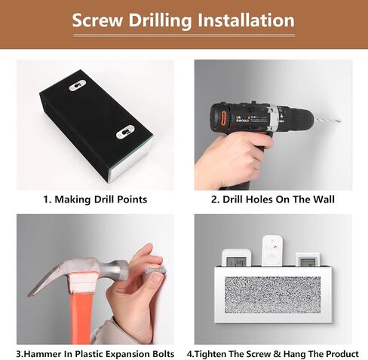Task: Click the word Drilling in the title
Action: pos(161,21)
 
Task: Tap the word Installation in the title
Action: pos(246,20)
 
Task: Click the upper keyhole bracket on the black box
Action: pos(78,86)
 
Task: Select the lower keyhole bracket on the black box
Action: pos(125,132)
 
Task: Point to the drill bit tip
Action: pos(341,122)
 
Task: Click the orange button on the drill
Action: pos(223,117)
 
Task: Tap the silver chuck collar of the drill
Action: pos(273,117)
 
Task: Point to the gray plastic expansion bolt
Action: pos(156,270)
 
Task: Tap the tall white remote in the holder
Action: pos(272,251)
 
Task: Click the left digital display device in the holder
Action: pos(237,258)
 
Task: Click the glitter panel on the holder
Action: pos(272,295)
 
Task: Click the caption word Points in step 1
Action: pos(133,200)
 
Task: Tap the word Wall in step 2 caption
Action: pos(324,200)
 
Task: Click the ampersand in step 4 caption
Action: pos(277,354)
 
